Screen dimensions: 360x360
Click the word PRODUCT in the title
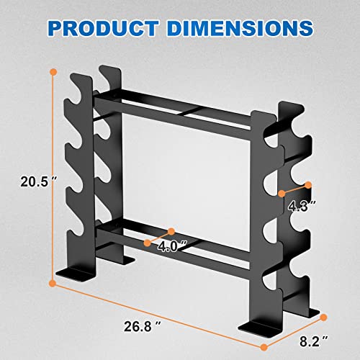[x=114, y=28]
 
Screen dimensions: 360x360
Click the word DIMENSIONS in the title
[x=241, y=28]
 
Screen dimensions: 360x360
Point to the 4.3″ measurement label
[x=301, y=206]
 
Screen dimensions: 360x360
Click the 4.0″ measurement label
[x=173, y=247]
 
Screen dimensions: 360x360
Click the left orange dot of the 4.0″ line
[x=148, y=243]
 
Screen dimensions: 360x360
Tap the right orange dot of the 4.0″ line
[x=172, y=231]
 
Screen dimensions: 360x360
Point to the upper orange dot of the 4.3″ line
[x=308, y=184]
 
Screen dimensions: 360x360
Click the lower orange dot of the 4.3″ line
[x=282, y=193]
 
